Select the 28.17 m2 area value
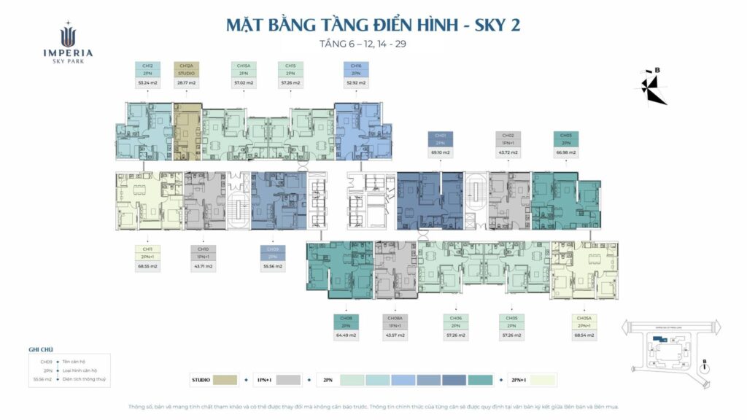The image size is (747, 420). click(186, 83)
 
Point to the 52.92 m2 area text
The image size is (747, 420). click(356, 83)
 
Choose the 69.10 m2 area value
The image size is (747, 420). click(440, 152)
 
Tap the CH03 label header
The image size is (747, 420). click(566, 136)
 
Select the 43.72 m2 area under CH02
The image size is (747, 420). click(508, 152)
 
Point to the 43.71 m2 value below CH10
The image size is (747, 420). click(203, 266)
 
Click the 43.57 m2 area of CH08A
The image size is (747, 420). click(395, 335)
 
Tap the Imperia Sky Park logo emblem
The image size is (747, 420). click(67, 34)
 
